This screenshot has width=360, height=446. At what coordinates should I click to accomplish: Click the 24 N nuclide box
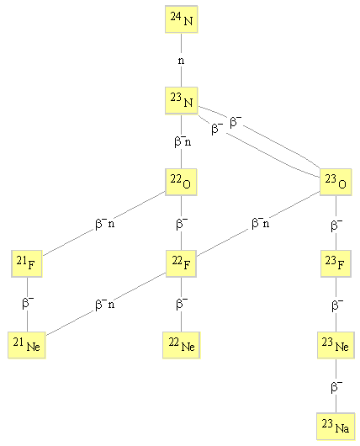pos(182,19)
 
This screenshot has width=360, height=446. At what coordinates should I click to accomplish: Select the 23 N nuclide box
pos(182,101)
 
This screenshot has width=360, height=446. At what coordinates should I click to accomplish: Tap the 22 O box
pos(181,182)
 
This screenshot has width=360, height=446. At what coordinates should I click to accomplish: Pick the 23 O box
pos(336,182)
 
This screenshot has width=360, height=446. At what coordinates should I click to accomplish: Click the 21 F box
pos(27,263)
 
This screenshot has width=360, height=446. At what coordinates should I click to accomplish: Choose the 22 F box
pos(181,263)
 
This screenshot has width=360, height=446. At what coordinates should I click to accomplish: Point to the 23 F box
pos(336,263)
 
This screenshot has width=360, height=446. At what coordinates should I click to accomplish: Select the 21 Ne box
pos(27,345)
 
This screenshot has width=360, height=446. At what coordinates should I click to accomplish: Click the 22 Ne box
pos(182,345)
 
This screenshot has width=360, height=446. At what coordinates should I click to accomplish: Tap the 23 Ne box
pos(336,345)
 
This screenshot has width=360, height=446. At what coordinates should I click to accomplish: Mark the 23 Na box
pos(336,427)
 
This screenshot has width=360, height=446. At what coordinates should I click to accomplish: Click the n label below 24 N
pos(181,61)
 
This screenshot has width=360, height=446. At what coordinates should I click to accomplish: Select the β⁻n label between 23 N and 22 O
pos(183,141)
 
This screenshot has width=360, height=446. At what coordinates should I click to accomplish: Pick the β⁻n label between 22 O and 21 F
pos(105,224)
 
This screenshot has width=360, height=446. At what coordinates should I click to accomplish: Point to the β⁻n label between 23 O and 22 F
pos(260,223)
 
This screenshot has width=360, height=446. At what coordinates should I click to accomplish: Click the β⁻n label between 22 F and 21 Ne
pos(105,304)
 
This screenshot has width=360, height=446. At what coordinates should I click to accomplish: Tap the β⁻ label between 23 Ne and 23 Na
pos(336,387)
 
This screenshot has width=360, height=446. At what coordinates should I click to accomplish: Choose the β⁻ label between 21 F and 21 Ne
pos(28,303)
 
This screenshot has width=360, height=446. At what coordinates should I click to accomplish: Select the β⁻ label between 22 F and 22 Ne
pos(182,303)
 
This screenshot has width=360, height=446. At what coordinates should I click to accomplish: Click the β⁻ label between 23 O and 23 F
pos(336,225)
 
